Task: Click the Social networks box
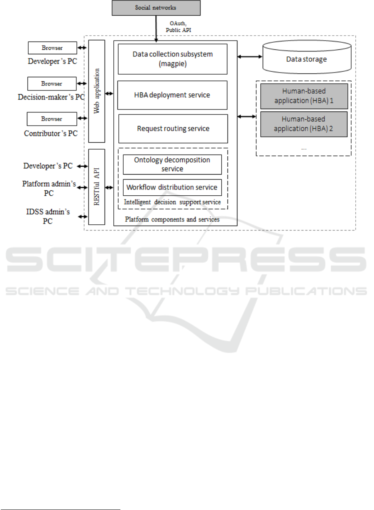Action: click(x=156, y=8)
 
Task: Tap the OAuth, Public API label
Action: click(x=178, y=27)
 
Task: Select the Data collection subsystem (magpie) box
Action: click(x=173, y=59)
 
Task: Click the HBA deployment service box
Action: click(x=172, y=95)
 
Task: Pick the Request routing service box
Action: click(x=173, y=129)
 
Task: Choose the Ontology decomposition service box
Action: click(x=172, y=164)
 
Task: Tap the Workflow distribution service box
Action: click(x=172, y=187)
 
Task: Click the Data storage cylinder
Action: click(x=307, y=57)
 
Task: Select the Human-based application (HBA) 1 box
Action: click(x=304, y=96)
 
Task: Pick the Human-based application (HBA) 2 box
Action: click(x=304, y=124)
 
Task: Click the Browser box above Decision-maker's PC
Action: click(x=52, y=84)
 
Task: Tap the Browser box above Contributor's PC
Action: click(x=52, y=119)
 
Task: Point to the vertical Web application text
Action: click(x=97, y=91)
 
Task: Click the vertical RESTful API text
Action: click(x=97, y=187)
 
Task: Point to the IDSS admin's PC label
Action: click(x=48, y=216)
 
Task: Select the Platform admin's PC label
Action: click(x=49, y=188)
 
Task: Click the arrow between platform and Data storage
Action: click(x=250, y=57)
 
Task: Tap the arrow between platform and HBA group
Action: click(x=247, y=117)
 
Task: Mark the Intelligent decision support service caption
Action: click(x=172, y=202)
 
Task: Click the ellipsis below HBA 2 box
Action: click(x=304, y=149)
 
